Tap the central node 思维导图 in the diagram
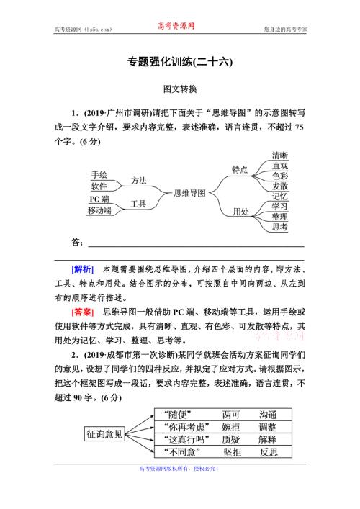190,193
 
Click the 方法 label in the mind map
139,180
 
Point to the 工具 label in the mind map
139,204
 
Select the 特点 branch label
240,169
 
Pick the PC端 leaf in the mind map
99,199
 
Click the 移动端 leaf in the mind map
99,210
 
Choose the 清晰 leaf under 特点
280,156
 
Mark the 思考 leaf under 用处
280,227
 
